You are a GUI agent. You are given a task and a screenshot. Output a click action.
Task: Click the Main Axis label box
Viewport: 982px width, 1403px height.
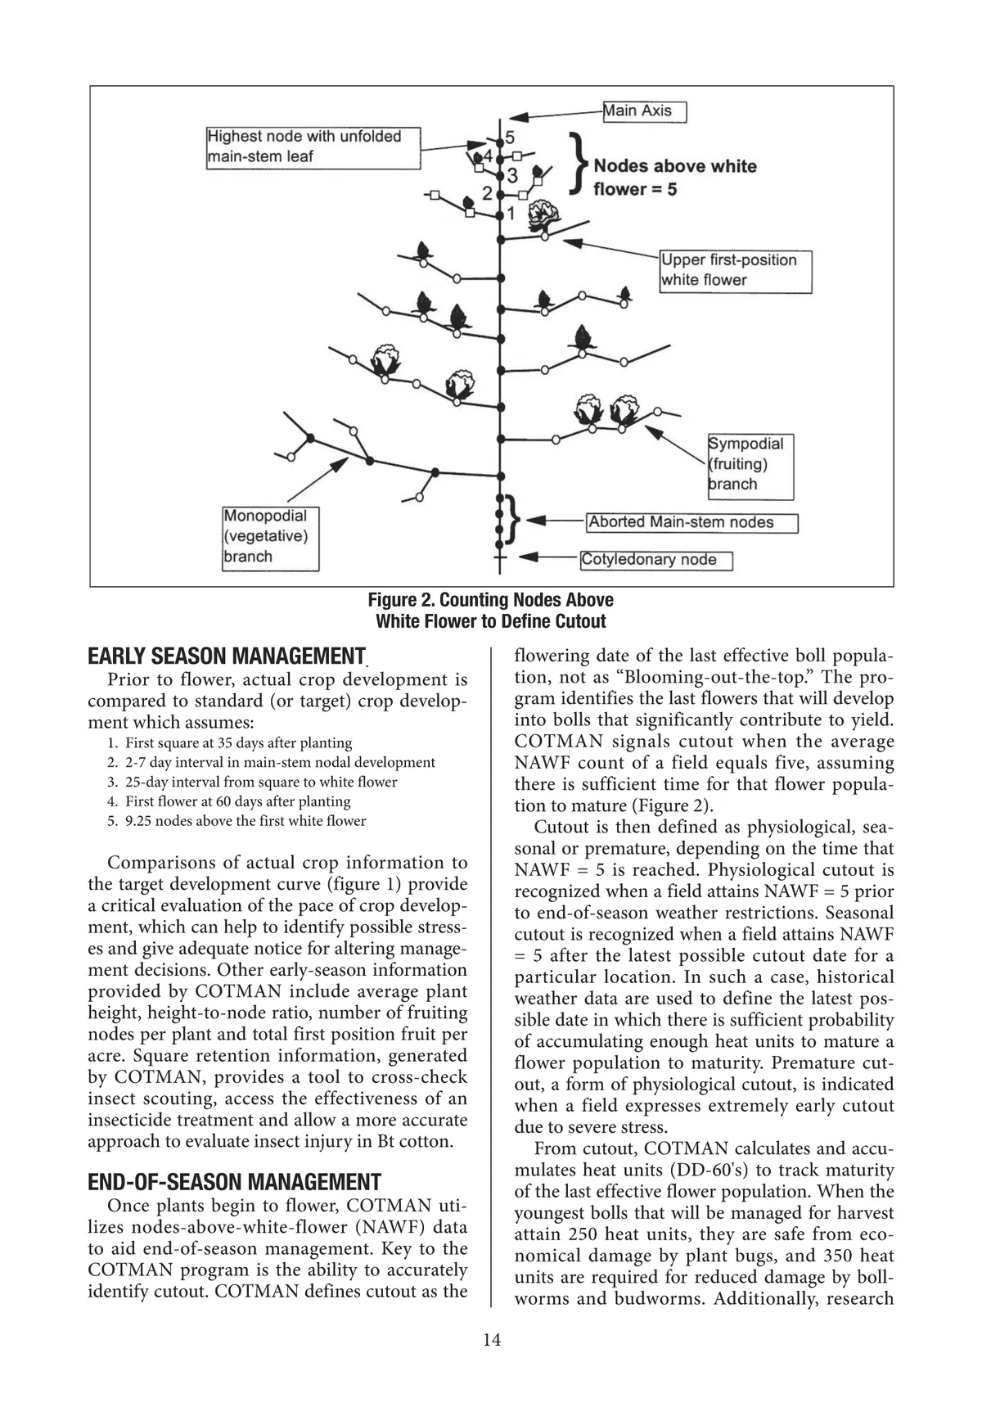click(x=644, y=111)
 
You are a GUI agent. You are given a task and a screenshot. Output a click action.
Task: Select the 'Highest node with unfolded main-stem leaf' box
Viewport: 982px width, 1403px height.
click(x=313, y=147)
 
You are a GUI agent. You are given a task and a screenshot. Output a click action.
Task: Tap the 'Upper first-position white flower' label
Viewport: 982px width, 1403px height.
click(x=736, y=271)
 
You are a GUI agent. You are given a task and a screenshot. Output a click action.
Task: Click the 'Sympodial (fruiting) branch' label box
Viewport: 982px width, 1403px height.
click(x=750, y=465)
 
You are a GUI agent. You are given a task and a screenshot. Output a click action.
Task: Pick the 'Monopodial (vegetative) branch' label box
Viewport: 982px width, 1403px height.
click(x=270, y=537)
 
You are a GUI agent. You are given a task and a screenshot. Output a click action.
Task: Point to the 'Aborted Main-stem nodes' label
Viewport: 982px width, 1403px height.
click(x=692, y=522)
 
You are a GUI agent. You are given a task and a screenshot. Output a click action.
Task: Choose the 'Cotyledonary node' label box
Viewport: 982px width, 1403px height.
click(x=655, y=560)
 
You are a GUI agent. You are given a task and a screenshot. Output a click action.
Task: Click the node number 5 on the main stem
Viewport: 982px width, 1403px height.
click(x=510, y=137)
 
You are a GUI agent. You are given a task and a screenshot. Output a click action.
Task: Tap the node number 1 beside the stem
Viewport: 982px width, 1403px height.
click(x=511, y=214)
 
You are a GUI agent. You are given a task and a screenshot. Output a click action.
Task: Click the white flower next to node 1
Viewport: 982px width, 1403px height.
click(x=545, y=214)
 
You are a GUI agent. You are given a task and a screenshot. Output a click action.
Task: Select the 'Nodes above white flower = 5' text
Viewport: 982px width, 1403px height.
click(x=674, y=178)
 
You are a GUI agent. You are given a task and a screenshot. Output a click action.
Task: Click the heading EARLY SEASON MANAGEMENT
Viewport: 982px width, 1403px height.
click(x=226, y=656)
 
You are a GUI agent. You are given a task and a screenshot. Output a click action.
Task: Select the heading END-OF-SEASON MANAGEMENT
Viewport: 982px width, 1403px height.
click(x=234, y=1182)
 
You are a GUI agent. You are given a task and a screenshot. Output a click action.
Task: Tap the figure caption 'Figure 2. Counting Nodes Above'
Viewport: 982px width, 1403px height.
click(x=490, y=600)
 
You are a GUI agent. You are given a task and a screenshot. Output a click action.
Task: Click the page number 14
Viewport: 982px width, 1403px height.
click(x=491, y=1340)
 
